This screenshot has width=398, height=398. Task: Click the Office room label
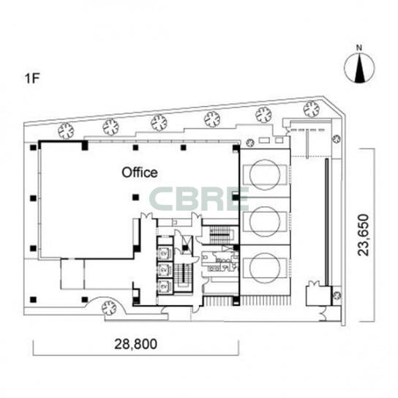click(140, 173)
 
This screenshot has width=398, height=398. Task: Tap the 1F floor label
click(32, 78)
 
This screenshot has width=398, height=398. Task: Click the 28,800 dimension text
click(135, 344)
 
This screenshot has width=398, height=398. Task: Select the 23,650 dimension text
click(363, 235)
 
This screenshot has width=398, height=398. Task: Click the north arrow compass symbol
click(359, 68)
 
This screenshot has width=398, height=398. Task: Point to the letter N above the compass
click(359, 48)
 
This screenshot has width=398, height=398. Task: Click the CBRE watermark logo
click(199, 199)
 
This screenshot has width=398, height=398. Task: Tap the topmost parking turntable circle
click(265, 174)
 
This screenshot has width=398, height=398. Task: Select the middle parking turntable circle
click(265, 222)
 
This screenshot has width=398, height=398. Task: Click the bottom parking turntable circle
click(265, 268)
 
